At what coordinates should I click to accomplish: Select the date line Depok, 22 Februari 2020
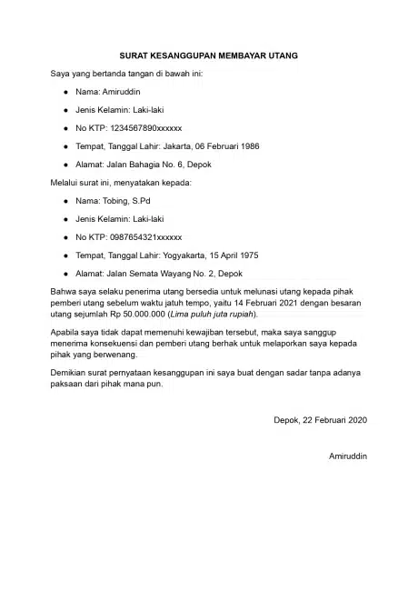pos(320,419)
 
